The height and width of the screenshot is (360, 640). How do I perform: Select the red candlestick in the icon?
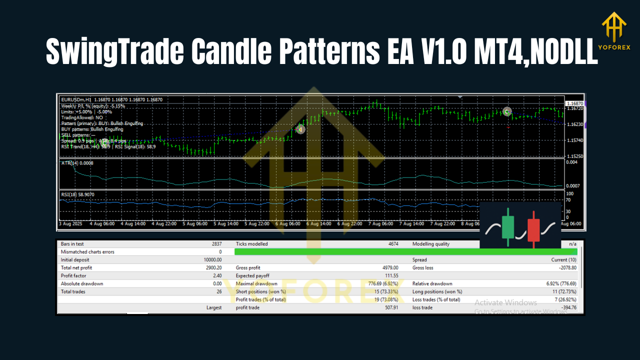click(533, 229)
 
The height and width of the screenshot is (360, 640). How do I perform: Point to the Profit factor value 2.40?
click(216, 275)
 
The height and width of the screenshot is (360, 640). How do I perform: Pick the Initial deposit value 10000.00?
click(210, 260)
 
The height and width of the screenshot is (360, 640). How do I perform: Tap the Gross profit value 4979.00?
click(388, 268)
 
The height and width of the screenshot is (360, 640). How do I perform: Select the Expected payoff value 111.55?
click(390, 275)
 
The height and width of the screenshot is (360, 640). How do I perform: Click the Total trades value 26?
click(218, 291)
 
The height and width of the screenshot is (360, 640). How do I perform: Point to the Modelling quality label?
click(430, 244)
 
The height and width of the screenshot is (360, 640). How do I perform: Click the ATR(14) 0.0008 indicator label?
click(77, 163)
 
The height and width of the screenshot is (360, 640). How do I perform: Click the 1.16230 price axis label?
click(574, 124)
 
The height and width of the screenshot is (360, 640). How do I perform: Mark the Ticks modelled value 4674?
click(393, 244)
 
